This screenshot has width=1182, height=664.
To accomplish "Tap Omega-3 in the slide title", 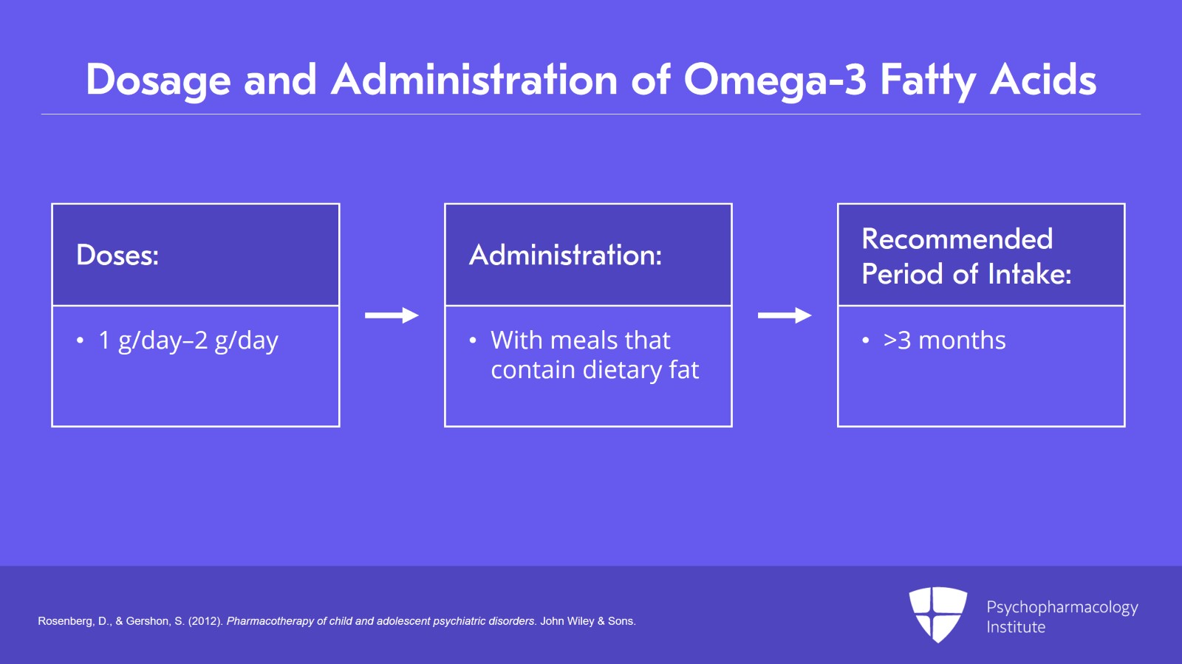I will (774, 80).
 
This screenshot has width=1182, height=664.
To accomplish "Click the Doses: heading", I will (117, 256).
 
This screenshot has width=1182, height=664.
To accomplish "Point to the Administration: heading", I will (565, 256).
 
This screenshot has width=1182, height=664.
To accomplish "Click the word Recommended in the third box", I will (957, 239).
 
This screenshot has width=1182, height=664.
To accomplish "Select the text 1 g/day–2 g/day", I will (188, 340).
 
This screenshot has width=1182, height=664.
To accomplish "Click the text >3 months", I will (944, 340).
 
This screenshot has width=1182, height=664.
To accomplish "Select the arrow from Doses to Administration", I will (392, 315).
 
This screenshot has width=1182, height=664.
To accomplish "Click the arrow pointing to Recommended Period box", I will (785, 315).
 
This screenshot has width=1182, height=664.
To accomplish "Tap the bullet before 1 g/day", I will (80, 340).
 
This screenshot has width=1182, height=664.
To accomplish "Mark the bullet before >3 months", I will (865, 340).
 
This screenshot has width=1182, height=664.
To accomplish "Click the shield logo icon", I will (937, 614).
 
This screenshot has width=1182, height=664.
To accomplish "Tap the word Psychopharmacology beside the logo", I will (1062, 607).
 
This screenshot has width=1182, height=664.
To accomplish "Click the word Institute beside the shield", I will (1016, 627).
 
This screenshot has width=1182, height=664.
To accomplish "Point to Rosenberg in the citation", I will (64, 621).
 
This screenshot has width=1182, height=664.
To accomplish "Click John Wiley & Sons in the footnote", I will (587, 621).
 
